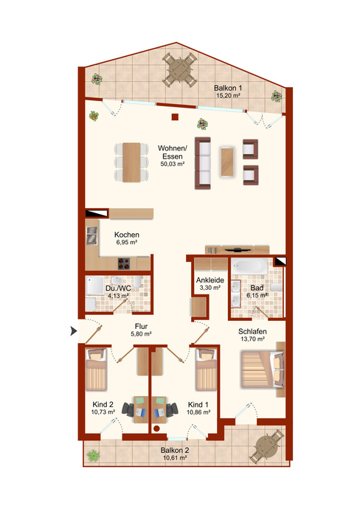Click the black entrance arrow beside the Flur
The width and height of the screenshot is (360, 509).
click(74, 331)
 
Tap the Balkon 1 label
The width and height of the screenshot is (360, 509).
click(228, 88)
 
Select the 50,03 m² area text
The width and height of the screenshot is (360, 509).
click(173, 164)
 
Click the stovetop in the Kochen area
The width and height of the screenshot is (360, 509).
click(124, 263)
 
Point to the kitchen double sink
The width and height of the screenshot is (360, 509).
click(91, 235)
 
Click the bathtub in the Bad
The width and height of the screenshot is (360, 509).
click(249, 266)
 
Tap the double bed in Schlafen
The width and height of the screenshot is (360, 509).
click(263, 369)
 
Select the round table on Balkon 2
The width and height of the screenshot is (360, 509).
click(267, 447)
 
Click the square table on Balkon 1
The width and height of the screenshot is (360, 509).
click(179, 70)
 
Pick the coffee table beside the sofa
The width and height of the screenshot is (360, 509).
click(227, 162)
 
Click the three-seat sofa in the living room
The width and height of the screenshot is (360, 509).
click(203, 163)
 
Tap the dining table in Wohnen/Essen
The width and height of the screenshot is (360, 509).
click(131, 162)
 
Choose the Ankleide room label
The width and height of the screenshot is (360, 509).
click(210, 280)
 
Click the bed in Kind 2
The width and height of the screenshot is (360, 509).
click(96, 370)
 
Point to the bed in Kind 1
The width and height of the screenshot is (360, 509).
click(206, 370)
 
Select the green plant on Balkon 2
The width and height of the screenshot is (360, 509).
click(94, 456)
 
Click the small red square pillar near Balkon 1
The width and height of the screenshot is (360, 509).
click(175, 117)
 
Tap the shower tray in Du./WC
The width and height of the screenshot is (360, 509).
click(94, 285)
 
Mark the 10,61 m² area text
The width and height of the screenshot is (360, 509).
click(175, 457)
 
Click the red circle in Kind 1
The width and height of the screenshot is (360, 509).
click(156, 429)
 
